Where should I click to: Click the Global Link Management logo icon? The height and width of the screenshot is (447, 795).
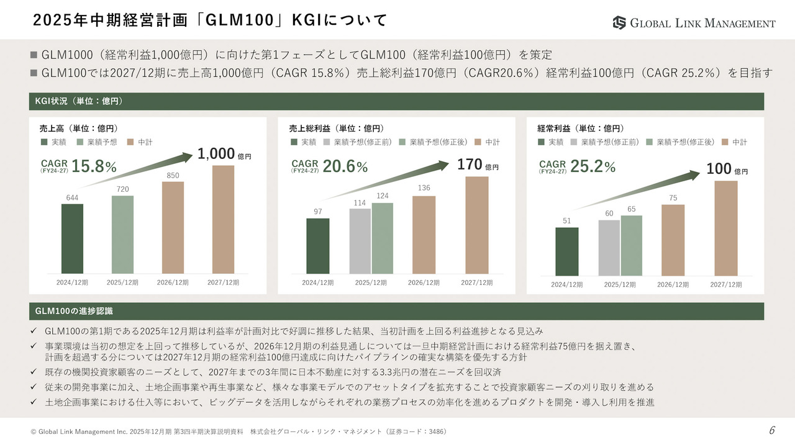pyautogui.click(x=619, y=23)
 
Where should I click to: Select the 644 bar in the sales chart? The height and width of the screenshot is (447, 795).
pyautogui.click(x=72, y=238)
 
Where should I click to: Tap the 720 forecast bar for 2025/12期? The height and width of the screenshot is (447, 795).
pyautogui.click(x=122, y=235)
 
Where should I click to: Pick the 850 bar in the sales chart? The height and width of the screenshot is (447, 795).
pyautogui.click(x=173, y=227)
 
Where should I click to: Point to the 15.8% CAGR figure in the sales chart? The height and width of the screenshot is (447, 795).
pyautogui.click(x=94, y=166)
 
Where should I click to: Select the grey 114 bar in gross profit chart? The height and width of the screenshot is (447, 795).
pyautogui.click(x=360, y=241)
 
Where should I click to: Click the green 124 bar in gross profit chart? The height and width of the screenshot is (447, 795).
pyautogui.click(x=383, y=238)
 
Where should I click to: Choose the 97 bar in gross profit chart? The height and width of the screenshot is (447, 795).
pyautogui.click(x=318, y=246)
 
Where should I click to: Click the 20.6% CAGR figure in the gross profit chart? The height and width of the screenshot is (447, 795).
pyautogui.click(x=345, y=166)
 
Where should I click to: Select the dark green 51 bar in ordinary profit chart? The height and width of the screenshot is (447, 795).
pyautogui.click(x=566, y=251)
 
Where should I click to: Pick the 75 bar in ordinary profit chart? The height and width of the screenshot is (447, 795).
pyautogui.click(x=673, y=240)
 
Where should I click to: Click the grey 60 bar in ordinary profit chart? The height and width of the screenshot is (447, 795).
pyautogui.click(x=609, y=248)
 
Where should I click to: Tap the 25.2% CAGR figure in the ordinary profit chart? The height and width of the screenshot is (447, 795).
pyautogui.click(x=593, y=166)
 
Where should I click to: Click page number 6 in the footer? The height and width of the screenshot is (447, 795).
pyautogui.click(x=772, y=431)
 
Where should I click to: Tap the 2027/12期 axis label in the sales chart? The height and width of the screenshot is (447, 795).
pyautogui.click(x=223, y=282)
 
